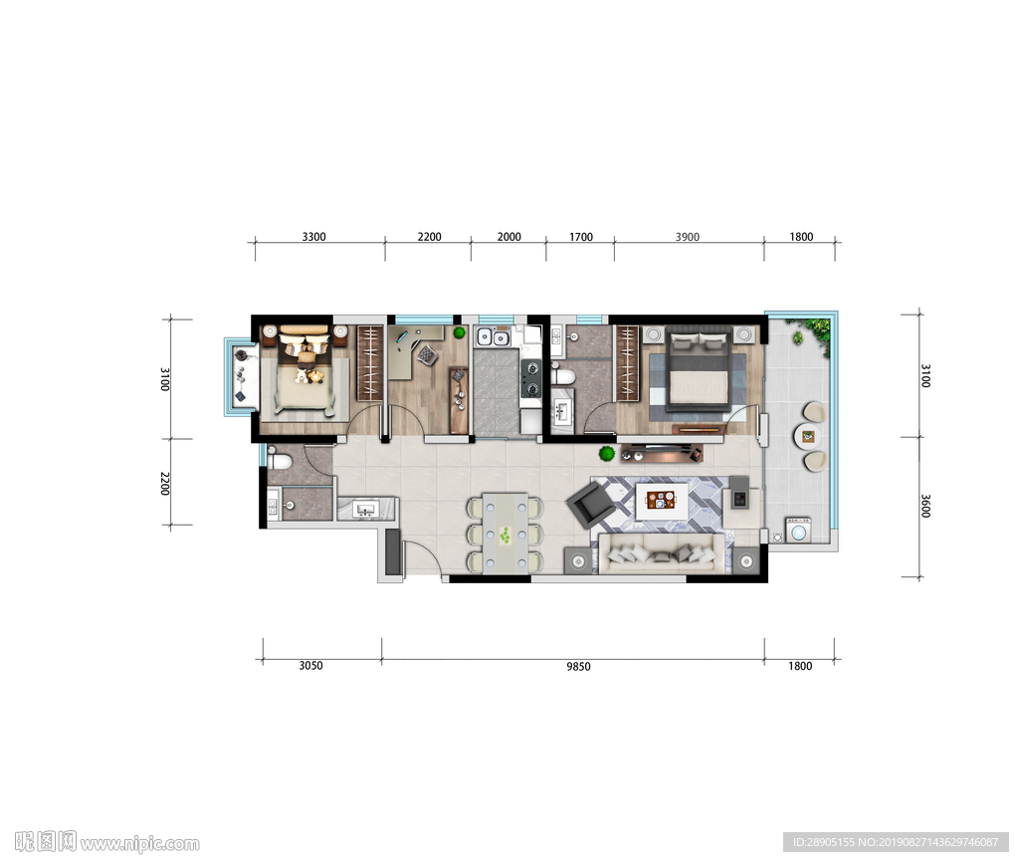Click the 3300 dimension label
[x=313, y=237]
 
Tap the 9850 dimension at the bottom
[x=578, y=666]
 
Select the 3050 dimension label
[x=310, y=666]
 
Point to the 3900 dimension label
[x=687, y=237]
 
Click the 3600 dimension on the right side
[x=925, y=506]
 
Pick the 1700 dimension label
[x=581, y=237]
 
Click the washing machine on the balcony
[x=798, y=530]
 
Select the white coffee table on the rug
[x=662, y=501]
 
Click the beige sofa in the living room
[x=662, y=553]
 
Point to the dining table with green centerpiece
[x=505, y=534]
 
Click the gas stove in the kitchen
[x=531, y=379]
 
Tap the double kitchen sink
[x=493, y=336]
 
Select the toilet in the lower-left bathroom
[x=280, y=461]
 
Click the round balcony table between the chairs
[x=807, y=436]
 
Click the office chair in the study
[x=427, y=355]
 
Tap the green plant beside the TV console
[x=607, y=453]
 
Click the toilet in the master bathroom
[x=563, y=376]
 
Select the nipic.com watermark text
[x=139, y=844]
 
